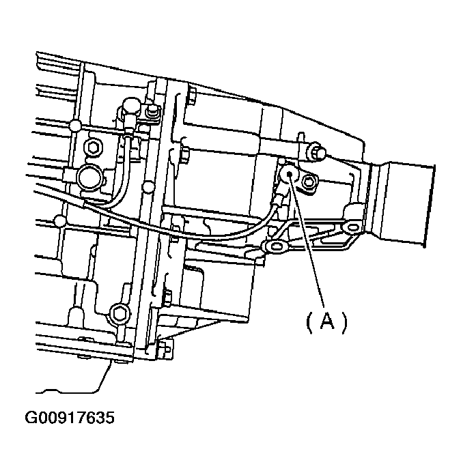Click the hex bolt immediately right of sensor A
pyautogui.click(x=309, y=181)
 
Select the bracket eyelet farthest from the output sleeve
pyautogui.click(x=275, y=246)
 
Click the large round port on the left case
pyautogui.click(x=89, y=179)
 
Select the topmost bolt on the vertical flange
pyautogui.click(x=191, y=95)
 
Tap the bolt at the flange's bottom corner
pyautogui.click(x=165, y=351)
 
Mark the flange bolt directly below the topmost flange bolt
pyautogui.click(x=184, y=156)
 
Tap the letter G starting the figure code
pyautogui.click(x=31, y=416)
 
